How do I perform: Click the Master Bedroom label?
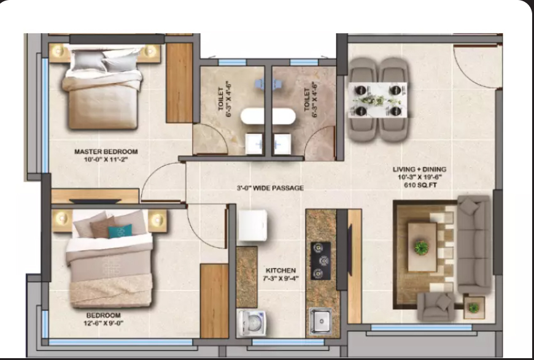coord(106,151)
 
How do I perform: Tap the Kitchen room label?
coord(281,270)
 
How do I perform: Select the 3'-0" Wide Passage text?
coord(270,188)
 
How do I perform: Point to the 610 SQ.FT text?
coord(420,185)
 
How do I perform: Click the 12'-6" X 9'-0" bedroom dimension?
coord(104,323)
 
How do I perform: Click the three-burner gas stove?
coord(320,261)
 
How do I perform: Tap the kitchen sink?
coord(320,321)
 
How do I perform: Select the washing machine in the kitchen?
coord(252,323)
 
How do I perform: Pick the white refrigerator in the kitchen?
coord(253,225)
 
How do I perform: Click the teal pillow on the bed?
coord(120,231)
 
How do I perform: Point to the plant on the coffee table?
coord(421,247)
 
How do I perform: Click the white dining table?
coord(377,100)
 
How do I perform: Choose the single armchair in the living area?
coord(436,307)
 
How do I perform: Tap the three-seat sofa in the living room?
coord(474,245)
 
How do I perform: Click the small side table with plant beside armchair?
coord(474,308)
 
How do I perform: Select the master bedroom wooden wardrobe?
coord(179,83)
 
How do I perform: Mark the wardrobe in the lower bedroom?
coord(214,301)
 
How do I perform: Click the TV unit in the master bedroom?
coord(95,197)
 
